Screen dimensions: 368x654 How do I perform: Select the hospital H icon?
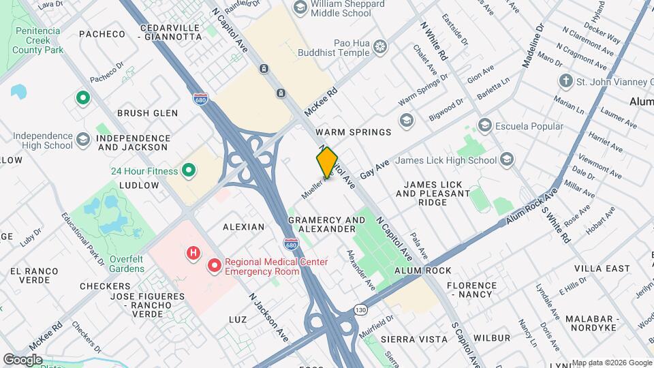coord(193,254)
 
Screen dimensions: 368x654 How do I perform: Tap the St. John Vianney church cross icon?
coord(565,82)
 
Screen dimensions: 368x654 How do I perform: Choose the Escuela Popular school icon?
coord(484,125)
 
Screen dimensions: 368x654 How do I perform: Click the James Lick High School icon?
coord(506,159)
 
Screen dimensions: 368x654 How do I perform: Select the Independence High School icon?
coord(83,140)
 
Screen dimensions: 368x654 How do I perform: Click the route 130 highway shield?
coord(361,310)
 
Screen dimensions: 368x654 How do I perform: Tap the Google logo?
coord(22,358)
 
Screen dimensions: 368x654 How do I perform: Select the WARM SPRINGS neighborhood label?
coord(354,132)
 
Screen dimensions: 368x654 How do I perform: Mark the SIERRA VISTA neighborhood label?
coord(414,339)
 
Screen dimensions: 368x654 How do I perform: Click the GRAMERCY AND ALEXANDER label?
coord(327,225)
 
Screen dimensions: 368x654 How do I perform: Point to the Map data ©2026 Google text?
coord(611,363)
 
